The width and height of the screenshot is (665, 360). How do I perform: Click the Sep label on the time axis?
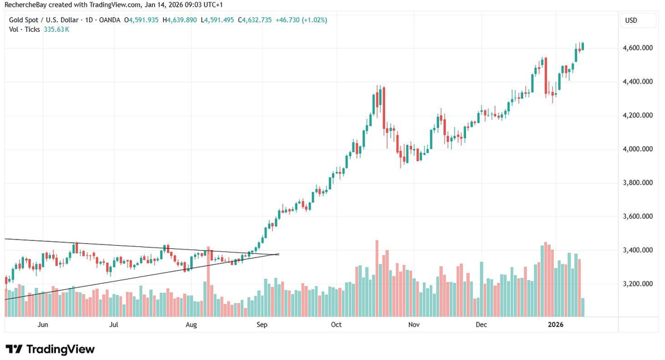point(262,324)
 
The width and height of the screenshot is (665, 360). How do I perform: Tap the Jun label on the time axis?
point(42,324)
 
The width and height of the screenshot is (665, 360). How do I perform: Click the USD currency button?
point(631,20)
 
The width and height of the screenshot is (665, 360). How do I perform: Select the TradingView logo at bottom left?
point(50,349)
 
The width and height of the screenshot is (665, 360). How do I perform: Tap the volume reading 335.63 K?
point(56,29)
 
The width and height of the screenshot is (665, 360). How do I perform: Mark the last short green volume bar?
point(582,307)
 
